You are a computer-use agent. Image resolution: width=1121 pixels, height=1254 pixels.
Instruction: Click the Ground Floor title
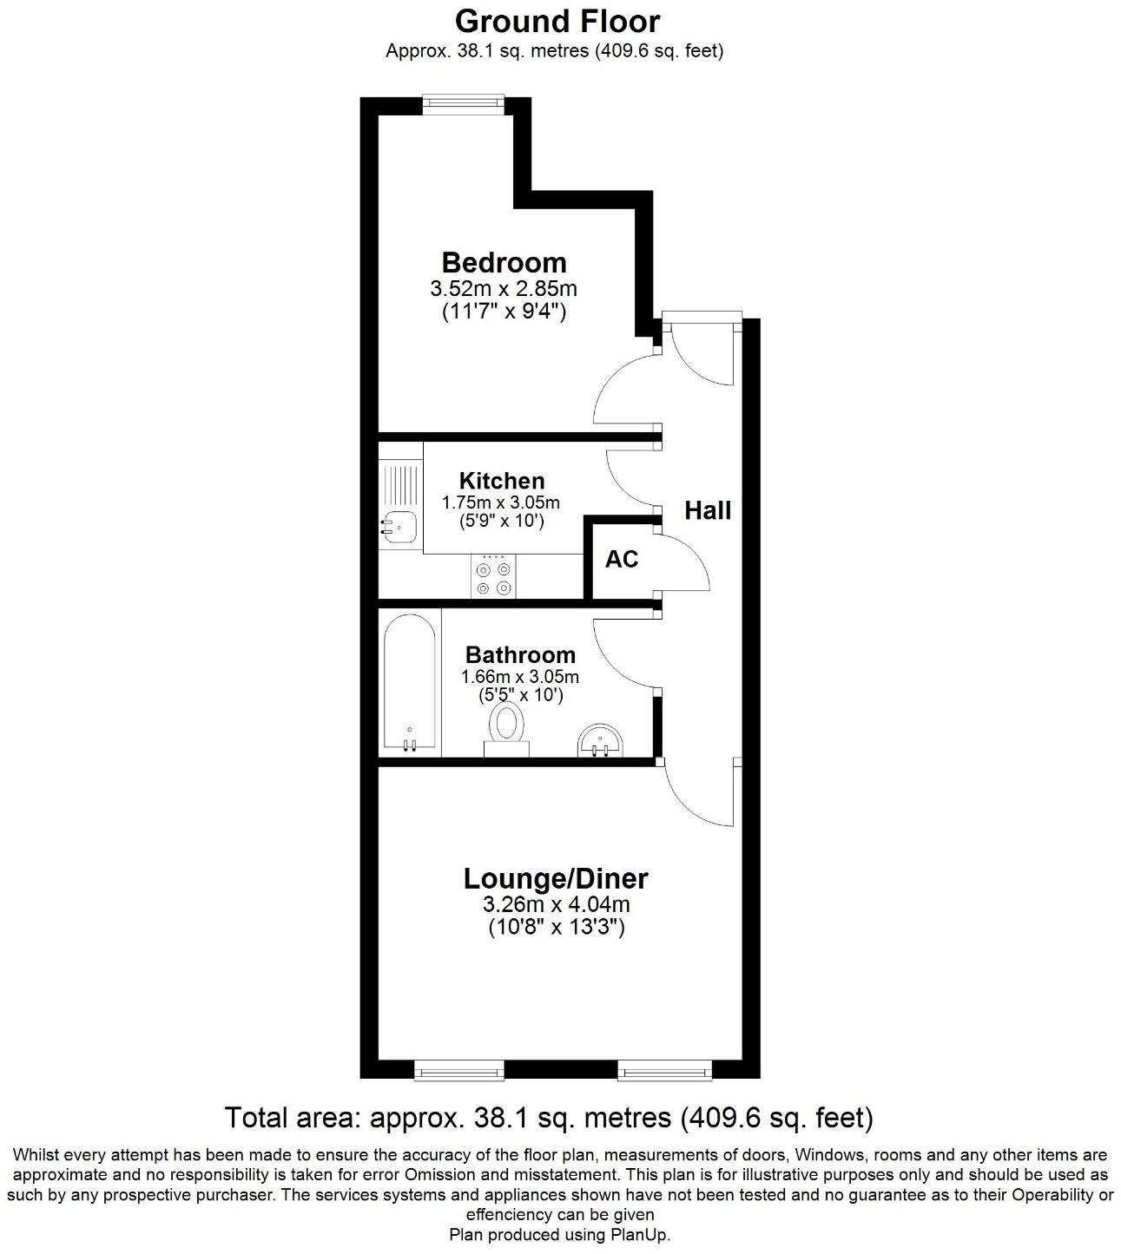click(x=557, y=21)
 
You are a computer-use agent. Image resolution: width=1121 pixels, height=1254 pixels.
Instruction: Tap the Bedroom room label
click(x=504, y=261)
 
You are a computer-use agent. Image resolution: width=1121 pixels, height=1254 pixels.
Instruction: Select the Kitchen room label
click(x=502, y=480)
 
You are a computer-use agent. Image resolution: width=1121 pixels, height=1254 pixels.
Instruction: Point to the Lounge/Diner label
click(x=556, y=878)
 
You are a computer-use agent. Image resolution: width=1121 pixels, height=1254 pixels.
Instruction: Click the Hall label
click(x=708, y=510)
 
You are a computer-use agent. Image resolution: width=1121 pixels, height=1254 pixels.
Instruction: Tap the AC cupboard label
click(x=622, y=560)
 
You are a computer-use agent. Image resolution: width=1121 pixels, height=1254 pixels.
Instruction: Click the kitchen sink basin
click(x=399, y=525)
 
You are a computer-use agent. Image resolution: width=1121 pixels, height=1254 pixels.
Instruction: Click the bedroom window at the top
click(x=462, y=103)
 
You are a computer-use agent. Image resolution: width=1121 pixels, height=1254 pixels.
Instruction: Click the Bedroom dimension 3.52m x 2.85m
click(x=504, y=288)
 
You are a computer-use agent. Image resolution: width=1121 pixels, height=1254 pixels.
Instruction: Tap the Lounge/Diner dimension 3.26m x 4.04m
click(x=556, y=905)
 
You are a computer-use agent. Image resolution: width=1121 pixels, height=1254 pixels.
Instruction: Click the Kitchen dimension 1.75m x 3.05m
click(x=500, y=502)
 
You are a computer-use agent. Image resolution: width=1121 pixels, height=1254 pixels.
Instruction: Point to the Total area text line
click(x=549, y=1117)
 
